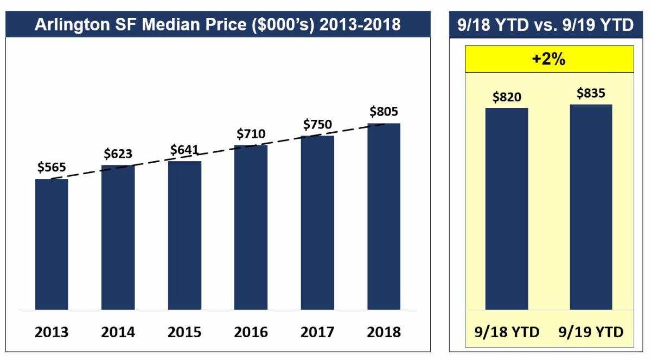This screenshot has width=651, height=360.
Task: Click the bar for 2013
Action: point(52,244)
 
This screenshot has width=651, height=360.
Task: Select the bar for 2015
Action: point(184,235)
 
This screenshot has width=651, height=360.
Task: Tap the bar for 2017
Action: point(317,222)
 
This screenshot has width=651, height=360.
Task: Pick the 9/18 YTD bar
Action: point(506,209)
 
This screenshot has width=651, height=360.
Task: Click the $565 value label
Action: point(52,168)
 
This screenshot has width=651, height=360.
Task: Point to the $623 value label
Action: point(118,154)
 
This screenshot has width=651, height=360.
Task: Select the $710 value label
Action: point(251,133)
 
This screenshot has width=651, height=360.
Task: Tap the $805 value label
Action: point(384,112)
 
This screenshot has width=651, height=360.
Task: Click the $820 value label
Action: point(507,97)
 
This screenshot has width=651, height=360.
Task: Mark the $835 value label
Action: point(591,93)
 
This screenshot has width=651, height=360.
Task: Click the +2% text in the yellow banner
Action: point(549,59)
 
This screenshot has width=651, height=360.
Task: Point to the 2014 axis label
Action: point(118,332)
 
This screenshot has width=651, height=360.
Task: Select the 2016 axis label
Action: point(251,332)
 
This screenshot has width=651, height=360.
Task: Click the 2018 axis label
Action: point(384,332)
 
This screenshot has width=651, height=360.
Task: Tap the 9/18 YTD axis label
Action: point(506,332)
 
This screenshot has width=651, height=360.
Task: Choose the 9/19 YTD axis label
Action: point(591,332)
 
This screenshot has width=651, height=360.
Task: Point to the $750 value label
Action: point(317,124)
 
